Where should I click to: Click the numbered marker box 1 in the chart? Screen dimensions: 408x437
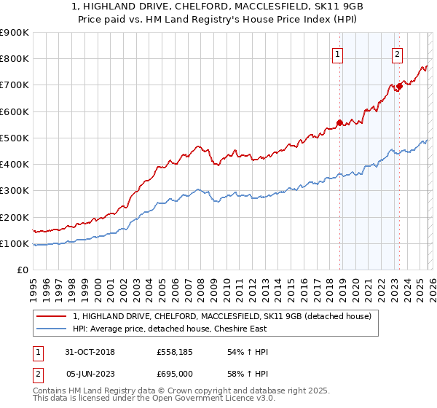click(x=339, y=53)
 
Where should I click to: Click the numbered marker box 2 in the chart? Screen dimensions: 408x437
click(x=398, y=53)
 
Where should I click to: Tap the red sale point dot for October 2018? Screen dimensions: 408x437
click(x=339, y=122)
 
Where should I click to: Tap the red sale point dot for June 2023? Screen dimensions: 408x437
click(x=398, y=87)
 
